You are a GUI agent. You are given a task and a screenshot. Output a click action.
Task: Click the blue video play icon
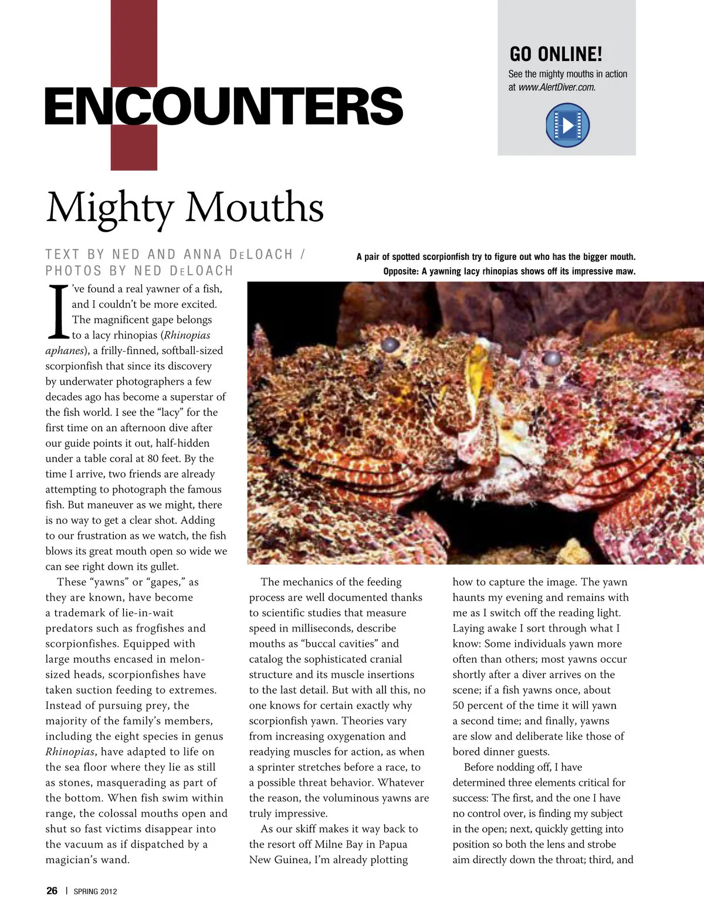[x=567, y=125]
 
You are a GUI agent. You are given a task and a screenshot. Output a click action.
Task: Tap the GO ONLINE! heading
[x=556, y=54]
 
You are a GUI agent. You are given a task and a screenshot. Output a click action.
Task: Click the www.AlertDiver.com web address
[x=557, y=87]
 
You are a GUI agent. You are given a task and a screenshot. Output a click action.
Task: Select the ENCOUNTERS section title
[x=224, y=106]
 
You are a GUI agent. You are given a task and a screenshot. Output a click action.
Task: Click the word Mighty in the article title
[x=110, y=208]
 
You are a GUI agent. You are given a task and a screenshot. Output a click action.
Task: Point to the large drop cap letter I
[x=58, y=312]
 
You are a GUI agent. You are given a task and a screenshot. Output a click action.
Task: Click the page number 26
[x=52, y=890]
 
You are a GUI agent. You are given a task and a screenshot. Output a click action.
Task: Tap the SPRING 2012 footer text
[x=95, y=891]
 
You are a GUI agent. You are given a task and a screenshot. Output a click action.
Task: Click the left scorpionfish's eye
[x=390, y=344]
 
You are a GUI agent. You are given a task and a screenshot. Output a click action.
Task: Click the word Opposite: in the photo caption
[x=401, y=272]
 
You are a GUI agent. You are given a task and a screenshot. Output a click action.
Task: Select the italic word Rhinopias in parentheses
[x=187, y=335]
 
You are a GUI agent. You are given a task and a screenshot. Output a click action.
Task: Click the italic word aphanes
[x=65, y=351]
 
